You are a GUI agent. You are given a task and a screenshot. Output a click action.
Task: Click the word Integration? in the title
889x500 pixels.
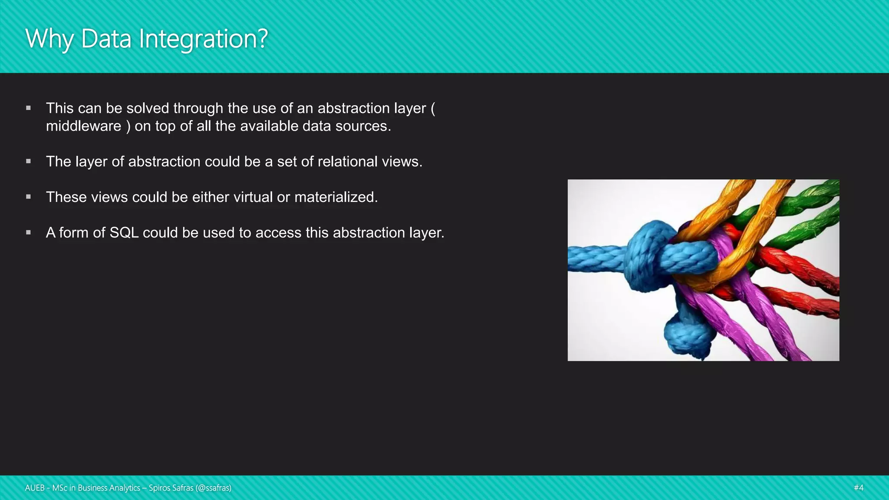pos(203,39)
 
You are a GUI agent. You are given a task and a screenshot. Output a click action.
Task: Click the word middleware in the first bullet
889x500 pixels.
pos(83,126)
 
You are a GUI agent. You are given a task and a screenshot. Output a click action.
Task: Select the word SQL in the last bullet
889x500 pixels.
pos(124,233)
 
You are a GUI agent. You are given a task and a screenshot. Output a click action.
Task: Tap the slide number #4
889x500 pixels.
pos(858,488)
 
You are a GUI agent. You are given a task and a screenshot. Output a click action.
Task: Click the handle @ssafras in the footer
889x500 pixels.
pos(213,488)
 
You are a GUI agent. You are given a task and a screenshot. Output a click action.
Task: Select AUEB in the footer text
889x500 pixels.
pos(35,488)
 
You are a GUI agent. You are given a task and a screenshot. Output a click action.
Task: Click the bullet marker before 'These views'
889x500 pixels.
pos(29,197)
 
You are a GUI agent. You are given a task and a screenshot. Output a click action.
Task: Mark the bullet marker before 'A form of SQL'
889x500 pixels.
pos(29,233)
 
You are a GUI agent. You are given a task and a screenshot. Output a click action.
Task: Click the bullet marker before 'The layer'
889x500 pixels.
pos(29,161)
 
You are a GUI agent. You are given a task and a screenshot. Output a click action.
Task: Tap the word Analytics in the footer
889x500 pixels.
pos(125,488)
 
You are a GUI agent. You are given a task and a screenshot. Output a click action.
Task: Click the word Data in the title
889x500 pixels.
pos(106,39)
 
